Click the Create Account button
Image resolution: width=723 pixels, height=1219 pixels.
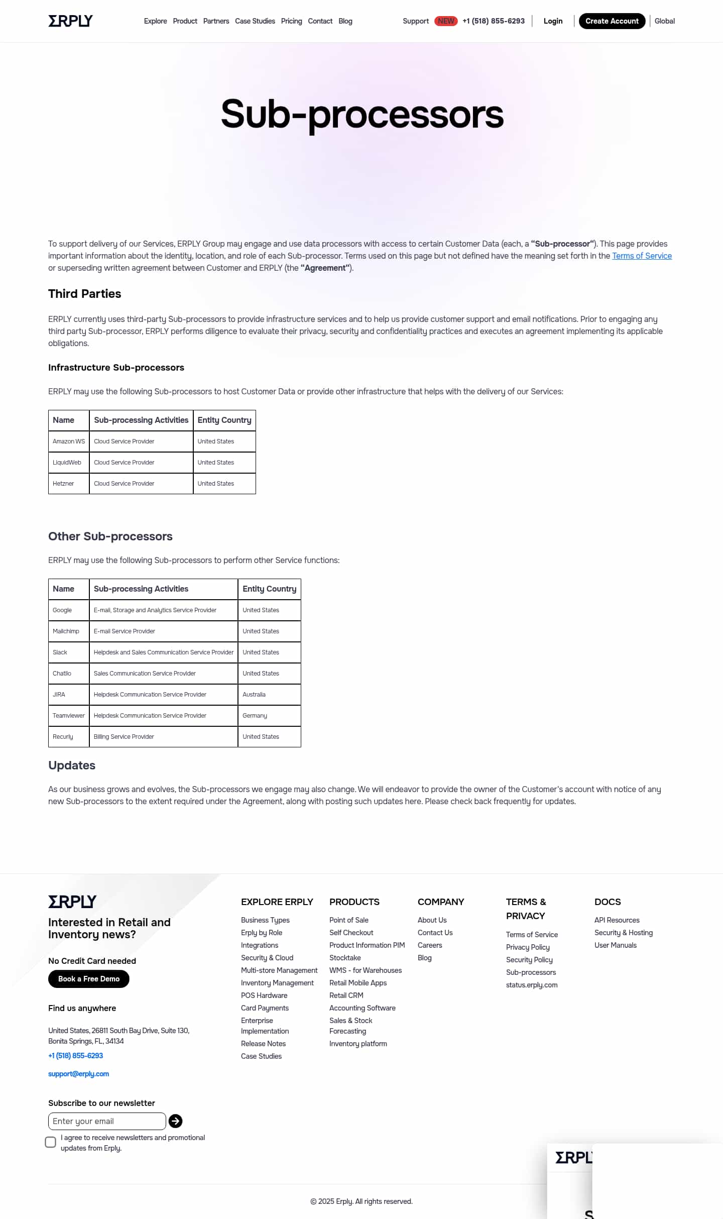tap(612, 21)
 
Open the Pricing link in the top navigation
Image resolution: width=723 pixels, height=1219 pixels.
tap(291, 21)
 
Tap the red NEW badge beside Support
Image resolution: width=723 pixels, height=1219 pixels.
tap(446, 21)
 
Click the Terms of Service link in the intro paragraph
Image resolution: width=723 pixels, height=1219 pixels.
tap(642, 256)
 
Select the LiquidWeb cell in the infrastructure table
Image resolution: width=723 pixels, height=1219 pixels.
tap(67, 463)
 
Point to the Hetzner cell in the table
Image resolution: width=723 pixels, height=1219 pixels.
tap(64, 484)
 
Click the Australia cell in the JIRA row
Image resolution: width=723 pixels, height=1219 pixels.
tap(254, 695)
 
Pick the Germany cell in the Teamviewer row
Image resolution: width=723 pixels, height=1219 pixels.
tap(255, 716)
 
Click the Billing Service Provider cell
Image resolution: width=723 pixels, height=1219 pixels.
tap(124, 737)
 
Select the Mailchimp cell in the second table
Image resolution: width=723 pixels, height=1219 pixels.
tap(66, 631)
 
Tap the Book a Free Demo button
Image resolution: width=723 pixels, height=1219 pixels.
tap(89, 979)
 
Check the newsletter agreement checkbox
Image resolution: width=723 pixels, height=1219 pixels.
tap(51, 1142)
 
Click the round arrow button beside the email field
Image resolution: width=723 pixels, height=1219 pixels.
tap(175, 1121)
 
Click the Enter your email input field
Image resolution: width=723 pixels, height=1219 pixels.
tap(107, 1121)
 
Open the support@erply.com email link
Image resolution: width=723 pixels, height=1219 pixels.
tap(78, 1074)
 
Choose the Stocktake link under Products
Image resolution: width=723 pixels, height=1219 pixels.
tap(345, 958)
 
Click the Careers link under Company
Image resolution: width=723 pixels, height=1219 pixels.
tap(430, 945)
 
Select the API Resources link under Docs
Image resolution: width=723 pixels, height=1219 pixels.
tap(617, 920)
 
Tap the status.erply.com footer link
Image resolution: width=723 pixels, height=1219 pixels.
tap(532, 985)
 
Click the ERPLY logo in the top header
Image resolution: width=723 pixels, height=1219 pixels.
tap(70, 21)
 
